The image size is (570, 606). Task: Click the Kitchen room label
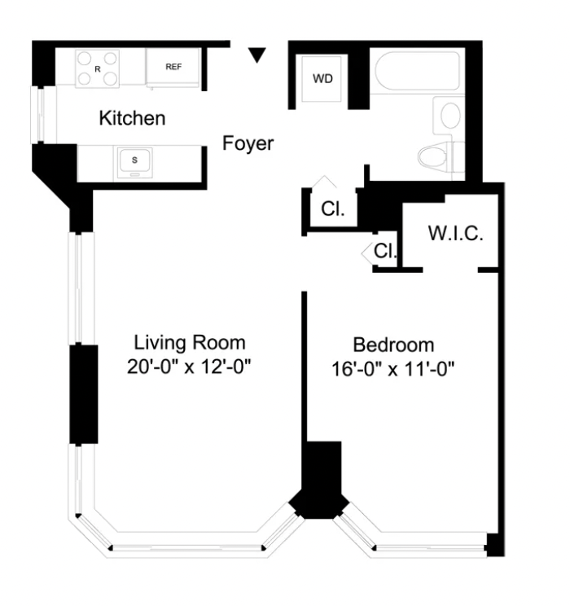tap(132, 118)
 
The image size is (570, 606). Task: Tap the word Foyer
tap(248, 143)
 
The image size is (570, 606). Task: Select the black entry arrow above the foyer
tap(257, 55)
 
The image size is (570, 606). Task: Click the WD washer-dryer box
tap(322, 79)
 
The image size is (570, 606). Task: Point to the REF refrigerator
tap(173, 68)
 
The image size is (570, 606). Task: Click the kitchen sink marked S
tap(134, 163)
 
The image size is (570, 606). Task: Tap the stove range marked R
tap(98, 68)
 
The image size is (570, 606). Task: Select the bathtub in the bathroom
tap(418, 71)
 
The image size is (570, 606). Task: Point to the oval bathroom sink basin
tap(450, 115)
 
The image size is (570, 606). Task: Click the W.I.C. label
tap(456, 234)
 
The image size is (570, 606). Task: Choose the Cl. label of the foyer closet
tap(333, 209)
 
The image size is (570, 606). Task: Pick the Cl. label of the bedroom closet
tap(385, 251)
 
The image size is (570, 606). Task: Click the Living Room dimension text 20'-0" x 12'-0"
tap(189, 367)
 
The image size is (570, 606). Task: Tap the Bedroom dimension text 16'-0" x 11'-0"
tap(393, 369)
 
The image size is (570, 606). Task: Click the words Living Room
tap(190, 343)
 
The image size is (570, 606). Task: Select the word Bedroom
tap(393, 345)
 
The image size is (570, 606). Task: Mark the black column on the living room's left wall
tap(84, 394)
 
